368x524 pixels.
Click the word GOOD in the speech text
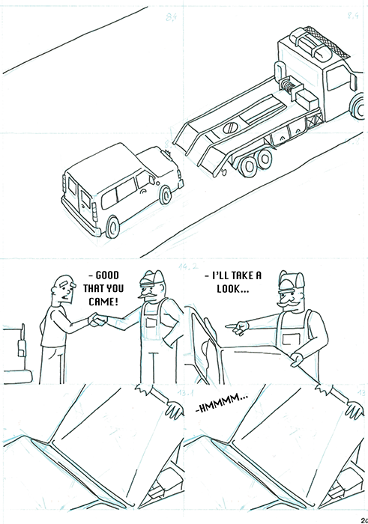(x=104, y=275)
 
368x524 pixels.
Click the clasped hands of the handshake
(x=97, y=320)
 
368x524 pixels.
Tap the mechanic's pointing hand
(x=238, y=326)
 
